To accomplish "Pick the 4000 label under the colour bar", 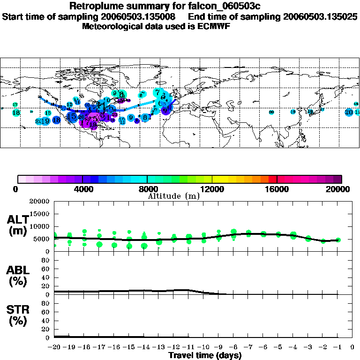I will click(82, 189).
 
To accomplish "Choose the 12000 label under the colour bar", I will click(212, 189).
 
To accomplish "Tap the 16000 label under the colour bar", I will click(277, 189).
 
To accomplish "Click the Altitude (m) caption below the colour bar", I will click(173, 195).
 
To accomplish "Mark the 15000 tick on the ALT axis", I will click(41, 214).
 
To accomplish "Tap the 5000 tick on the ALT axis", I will click(43, 239).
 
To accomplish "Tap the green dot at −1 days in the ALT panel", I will click(338, 240).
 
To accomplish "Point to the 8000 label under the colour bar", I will click(147, 189).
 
